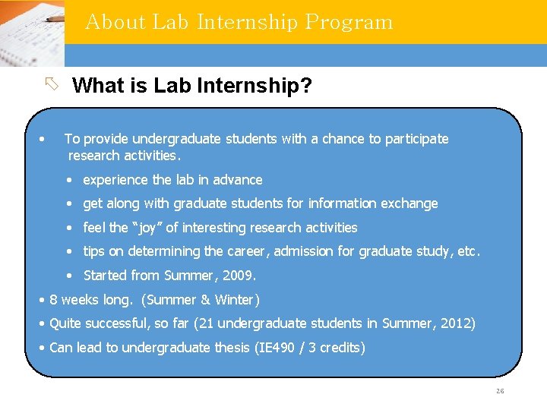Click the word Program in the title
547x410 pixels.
tap(349, 22)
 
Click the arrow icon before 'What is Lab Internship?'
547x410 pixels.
tap(51, 84)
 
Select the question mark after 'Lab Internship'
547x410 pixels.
tap(306, 86)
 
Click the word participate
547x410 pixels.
tap(417, 139)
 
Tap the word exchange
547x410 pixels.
tap(413, 203)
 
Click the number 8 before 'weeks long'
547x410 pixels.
tap(53, 300)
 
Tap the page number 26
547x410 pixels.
tap(499, 391)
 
